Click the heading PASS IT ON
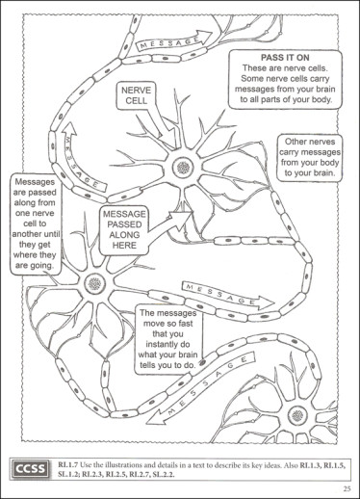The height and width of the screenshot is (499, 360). coord(285,58)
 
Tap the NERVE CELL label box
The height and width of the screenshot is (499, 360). coord(136,95)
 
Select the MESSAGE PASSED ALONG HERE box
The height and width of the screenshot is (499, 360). coord(124,230)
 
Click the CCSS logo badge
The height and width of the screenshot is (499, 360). coord(31,469)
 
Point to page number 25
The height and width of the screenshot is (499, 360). coord(347,489)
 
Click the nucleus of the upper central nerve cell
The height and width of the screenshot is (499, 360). coord(183,167)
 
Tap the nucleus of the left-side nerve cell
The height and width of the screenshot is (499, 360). coord(95,283)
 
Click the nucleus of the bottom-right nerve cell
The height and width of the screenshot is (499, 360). coord(297,414)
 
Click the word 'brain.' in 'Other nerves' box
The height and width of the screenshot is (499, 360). coord(323,173)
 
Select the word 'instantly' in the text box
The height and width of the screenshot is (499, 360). coord(167,344)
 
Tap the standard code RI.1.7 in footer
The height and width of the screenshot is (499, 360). coord(67,464)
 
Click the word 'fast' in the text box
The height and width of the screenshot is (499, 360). coord(185,324)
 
